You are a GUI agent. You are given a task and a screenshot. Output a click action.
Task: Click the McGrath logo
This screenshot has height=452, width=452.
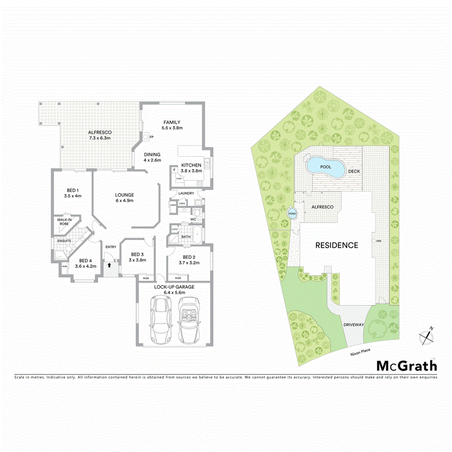pos(406,366)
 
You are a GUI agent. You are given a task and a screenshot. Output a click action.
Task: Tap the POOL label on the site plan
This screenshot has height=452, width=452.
pos(325,166)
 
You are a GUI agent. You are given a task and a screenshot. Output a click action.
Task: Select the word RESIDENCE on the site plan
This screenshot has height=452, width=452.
pos(337,245)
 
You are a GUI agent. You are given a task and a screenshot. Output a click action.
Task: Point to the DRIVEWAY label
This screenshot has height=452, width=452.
pos(353,324)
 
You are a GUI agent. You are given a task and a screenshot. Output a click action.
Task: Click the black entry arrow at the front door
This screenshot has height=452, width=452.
pos(109,265)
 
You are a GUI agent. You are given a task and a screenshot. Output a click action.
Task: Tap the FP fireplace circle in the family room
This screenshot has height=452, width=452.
pos(145,137)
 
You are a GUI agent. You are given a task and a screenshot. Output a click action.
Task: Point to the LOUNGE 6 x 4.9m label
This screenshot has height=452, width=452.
pos(125,197)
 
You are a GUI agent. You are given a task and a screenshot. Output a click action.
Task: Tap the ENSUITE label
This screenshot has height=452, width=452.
pos(65,241)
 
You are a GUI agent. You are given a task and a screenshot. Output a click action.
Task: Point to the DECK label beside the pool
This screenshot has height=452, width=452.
pos(353,171)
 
